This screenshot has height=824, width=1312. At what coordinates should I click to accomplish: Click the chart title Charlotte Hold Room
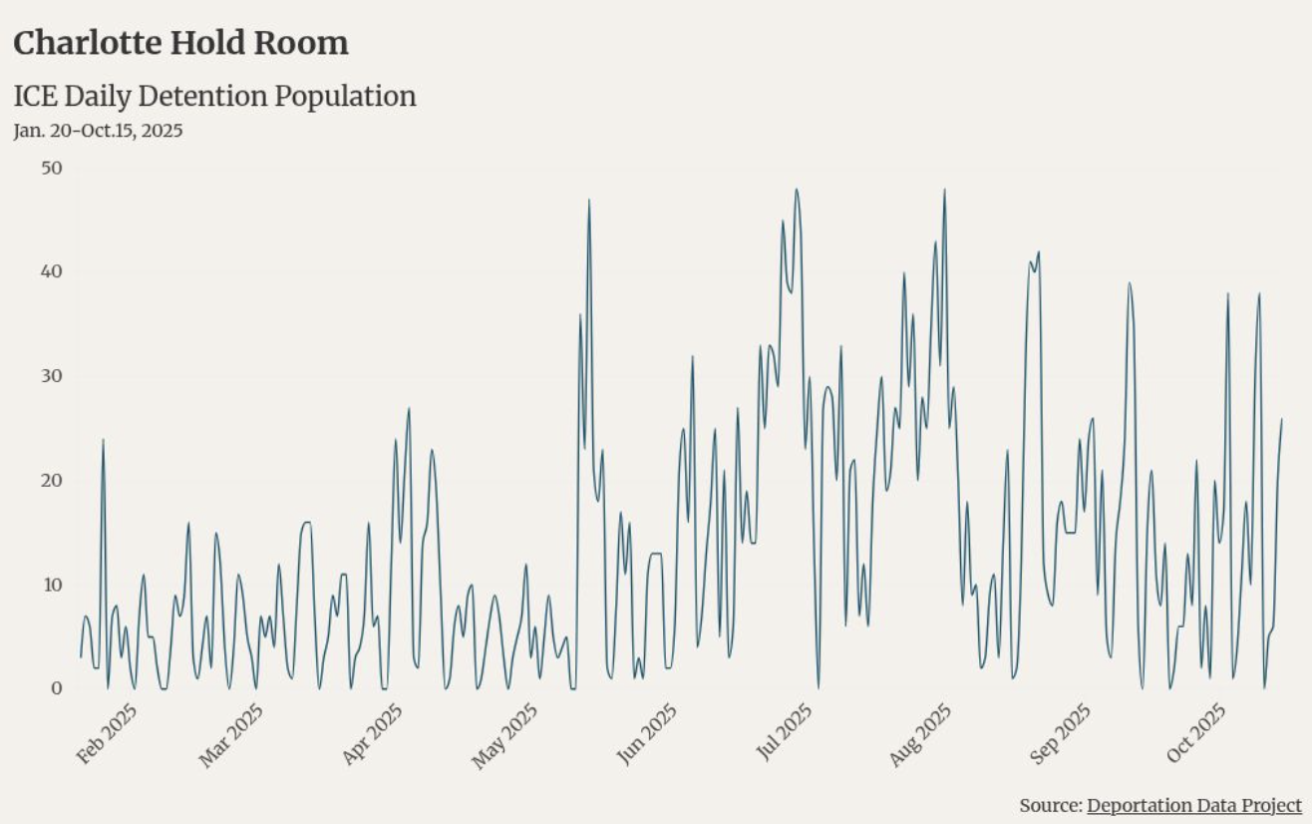pyautogui.click(x=180, y=43)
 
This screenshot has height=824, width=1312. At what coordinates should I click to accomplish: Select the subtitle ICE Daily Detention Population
pyautogui.click(x=214, y=96)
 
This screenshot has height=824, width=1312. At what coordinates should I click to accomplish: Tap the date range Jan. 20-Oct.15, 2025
pyautogui.click(x=98, y=130)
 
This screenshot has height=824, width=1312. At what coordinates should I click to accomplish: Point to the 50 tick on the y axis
pyautogui.click(x=51, y=168)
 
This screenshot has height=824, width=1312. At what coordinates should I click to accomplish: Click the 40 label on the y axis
pyautogui.click(x=51, y=271)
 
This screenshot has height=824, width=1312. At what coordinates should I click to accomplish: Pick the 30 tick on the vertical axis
pyautogui.click(x=51, y=376)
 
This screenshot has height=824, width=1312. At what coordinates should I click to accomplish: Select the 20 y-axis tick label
pyautogui.click(x=51, y=480)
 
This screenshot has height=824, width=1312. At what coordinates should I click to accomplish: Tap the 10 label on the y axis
pyautogui.click(x=51, y=584)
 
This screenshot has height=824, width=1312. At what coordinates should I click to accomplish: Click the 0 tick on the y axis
pyautogui.click(x=56, y=688)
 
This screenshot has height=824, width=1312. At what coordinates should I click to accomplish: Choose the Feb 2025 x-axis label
pyautogui.click(x=107, y=735)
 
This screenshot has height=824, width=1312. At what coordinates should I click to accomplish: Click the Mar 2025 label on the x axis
pyautogui.click(x=231, y=735)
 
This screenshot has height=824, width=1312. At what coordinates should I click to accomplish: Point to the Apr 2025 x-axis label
pyautogui.click(x=371, y=735)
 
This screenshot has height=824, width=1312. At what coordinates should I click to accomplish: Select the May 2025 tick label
pyautogui.click(x=505, y=735)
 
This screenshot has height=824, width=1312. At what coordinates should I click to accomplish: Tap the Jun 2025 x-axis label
pyautogui.click(x=646, y=735)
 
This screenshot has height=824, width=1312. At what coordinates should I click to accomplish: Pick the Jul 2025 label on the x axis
pyautogui.click(x=785, y=735)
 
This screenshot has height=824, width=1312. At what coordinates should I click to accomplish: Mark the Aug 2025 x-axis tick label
pyautogui.click(x=920, y=735)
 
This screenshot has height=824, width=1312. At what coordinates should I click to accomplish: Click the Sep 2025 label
pyautogui.click(x=1061, y=735)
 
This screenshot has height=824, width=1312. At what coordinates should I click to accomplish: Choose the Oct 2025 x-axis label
pyautogui.click(x=1195, y=735)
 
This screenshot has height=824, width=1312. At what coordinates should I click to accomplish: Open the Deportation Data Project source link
pyautogui.click(x=1193, y=805)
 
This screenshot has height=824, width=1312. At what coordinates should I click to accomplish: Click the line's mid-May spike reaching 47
pyautogui.click(x=589, y=201)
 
